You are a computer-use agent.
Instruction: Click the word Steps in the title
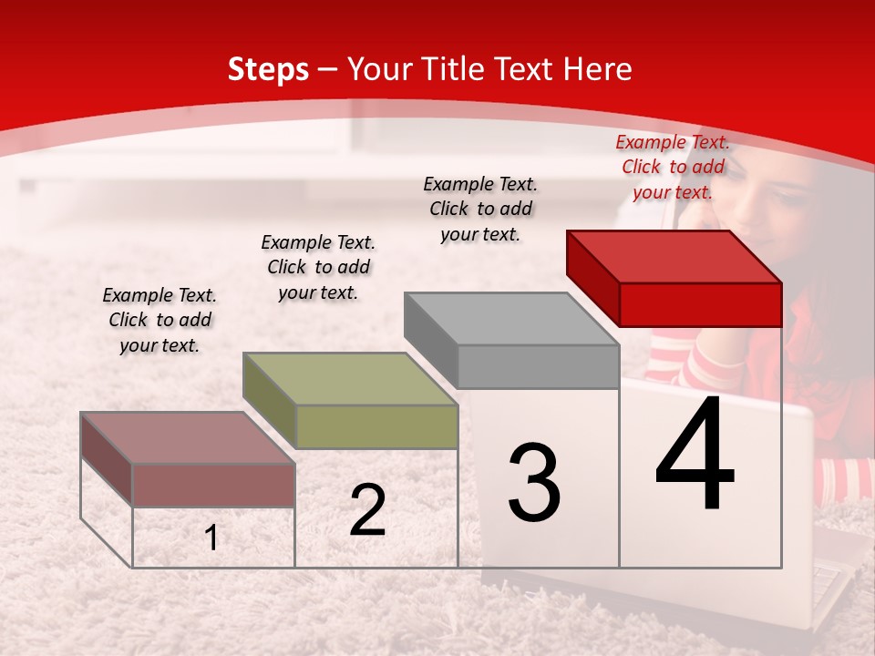(268, 69)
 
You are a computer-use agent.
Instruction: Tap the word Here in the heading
(597, 69)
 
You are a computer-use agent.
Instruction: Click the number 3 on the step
(534, 482)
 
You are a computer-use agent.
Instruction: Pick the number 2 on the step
(367, 510)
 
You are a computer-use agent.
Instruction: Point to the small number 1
(211, 538)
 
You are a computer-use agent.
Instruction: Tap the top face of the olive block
(350, 378)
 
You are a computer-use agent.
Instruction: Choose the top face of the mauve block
(188, 437)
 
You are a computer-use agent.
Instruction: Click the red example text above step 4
(673, 167)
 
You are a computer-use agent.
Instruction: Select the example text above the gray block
(480, 209)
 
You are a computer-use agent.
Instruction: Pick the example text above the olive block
(318, 267)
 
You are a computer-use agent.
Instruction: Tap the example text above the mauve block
(160, 320)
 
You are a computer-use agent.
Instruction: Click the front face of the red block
(700, 304)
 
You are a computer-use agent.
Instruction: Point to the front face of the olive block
(376, 426)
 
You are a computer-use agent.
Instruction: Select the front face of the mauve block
(213, 485)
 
